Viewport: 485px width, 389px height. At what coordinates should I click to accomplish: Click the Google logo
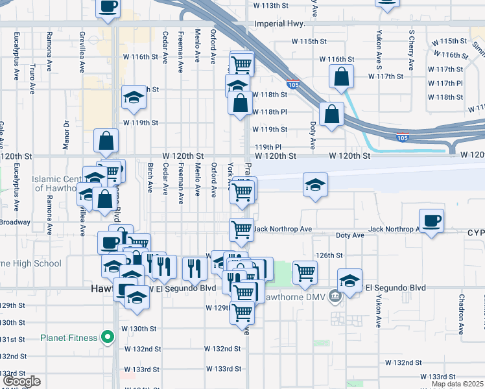(x=21, y=381)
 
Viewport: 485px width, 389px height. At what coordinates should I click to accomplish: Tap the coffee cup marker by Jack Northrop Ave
(x=432, y=221)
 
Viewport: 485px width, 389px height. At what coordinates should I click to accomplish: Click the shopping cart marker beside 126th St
(x=305, y=272)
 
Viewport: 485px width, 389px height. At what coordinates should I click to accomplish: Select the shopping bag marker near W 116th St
(x=341, y=77)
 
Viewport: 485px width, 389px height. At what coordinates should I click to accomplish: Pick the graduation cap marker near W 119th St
(x=134, y=98)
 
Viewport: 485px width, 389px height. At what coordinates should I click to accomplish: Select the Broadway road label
(x=14, y=222)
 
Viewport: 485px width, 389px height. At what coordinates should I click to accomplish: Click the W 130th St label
(x=141, y=329)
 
